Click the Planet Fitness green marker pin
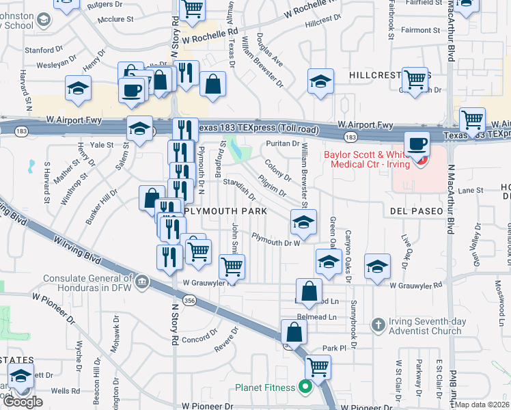pyautogui.click(x=305, y=388)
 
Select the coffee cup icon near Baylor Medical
pyautogui.click(x=416, y=144)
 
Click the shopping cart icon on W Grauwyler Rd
pyautogui.click(x=232, y=266)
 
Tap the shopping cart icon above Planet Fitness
pyautogui.click(x=317, y=367)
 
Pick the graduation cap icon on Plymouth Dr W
pyautogui.click(x=303, y=221)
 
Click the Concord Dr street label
pyautogui.click(x=199, y=338)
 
